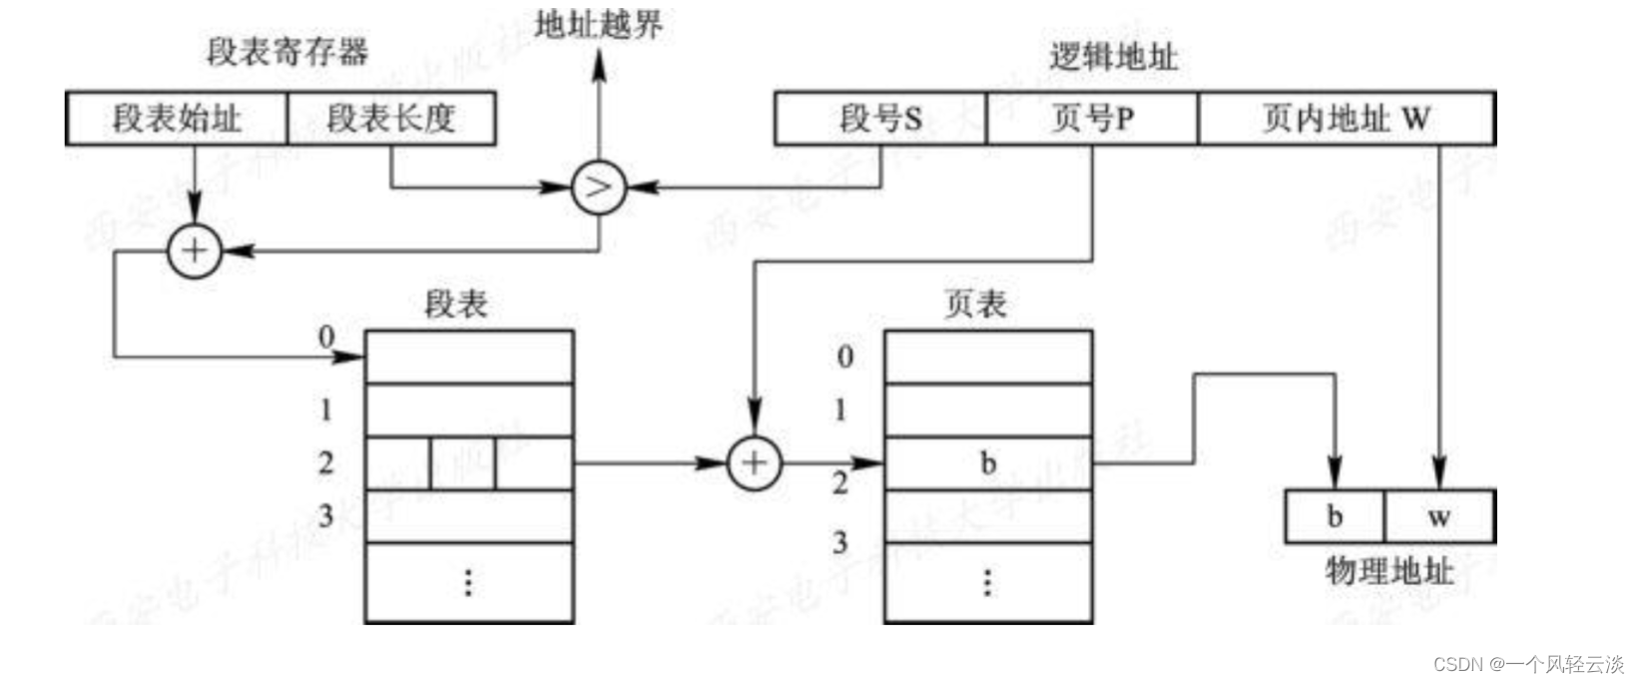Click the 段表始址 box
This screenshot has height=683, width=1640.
(177, 119)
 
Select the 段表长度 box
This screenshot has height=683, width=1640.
(391, 119)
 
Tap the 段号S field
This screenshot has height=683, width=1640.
(880, 119)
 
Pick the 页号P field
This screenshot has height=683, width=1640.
(1092, 119)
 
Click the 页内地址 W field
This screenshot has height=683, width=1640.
(1346, 119)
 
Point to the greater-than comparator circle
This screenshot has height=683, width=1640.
(598, 187)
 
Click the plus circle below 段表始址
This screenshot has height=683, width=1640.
(194, 250)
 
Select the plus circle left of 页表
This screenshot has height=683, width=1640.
(754, 462)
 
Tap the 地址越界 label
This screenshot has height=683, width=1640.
(598, 24)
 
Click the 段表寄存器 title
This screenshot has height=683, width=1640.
(287, 51)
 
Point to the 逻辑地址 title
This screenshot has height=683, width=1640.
(1113, 57)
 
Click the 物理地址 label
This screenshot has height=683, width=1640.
(1388, 571)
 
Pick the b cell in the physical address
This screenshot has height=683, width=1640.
(1335, 516)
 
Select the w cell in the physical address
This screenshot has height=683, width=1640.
(1438, 516)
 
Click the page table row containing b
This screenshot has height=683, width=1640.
(988, 463)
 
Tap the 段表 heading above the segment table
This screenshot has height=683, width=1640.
(456, 304)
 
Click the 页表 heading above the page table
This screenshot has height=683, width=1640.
(975, 304)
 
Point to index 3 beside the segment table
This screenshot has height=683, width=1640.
(325, 515)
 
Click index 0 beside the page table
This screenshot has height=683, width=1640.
(844, 356)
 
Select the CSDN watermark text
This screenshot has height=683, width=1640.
(1528, 664)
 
